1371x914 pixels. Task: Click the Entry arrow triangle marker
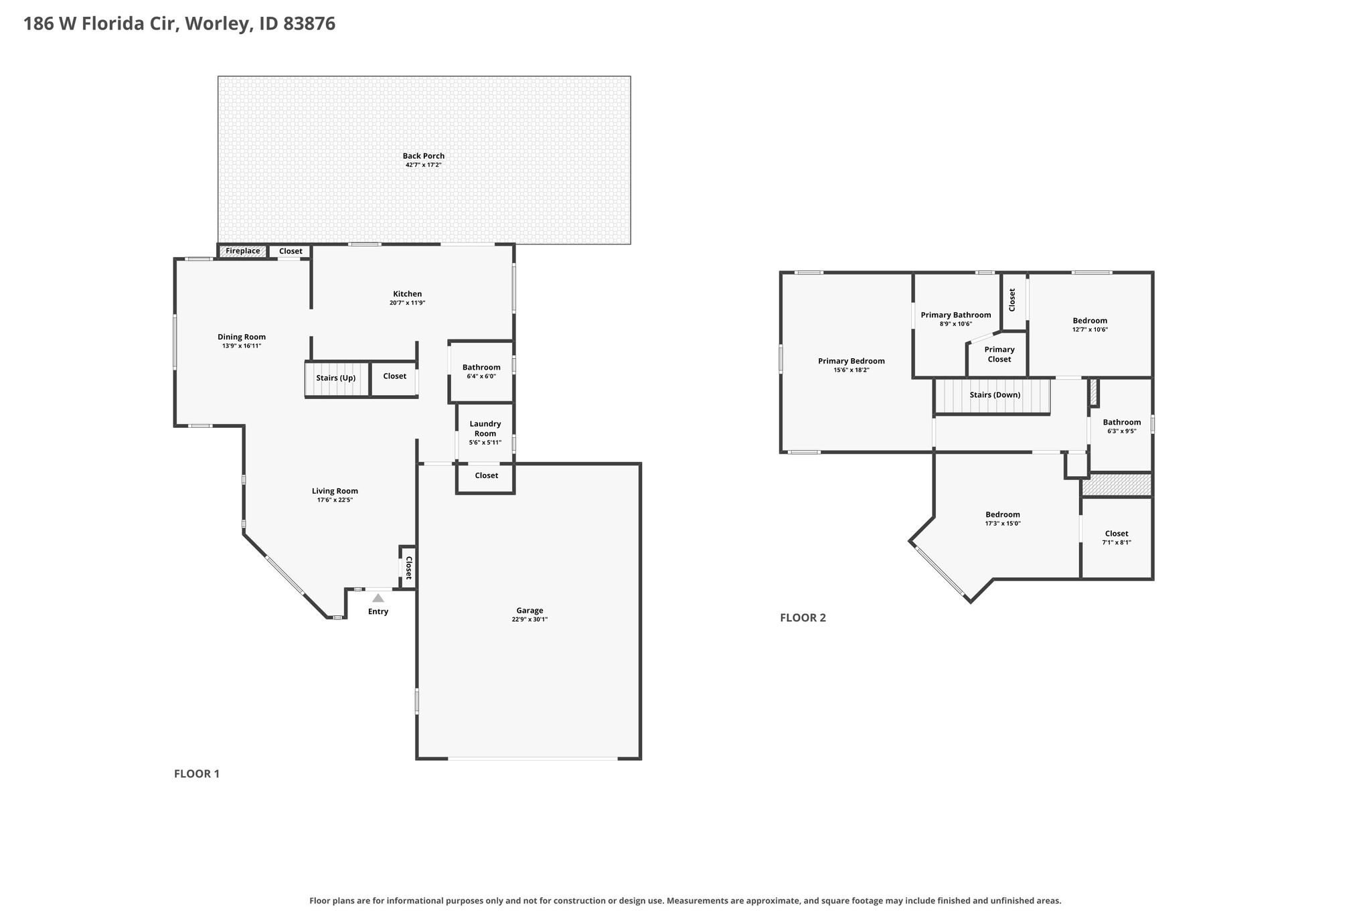[x=378, y=598]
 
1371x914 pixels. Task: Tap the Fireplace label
[x=242, y=251]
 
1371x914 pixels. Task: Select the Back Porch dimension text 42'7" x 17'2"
[x=424, y=165]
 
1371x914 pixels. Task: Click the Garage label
[x=530, y=610]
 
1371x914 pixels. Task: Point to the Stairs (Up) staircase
[x=337, y=380]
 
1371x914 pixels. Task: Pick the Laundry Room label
[x=485, y=429]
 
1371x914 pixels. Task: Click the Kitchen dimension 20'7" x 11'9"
[x=408, y=303]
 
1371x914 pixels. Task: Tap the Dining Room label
[x=242, y=337]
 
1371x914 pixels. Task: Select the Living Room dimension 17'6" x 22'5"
[x=335, y=500]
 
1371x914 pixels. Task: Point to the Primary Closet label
[x=999, y=354]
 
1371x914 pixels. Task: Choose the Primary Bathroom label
[x=956, y=315]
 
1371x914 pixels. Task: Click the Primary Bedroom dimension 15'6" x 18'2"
[x=852, y=370]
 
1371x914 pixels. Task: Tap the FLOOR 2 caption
[x=803, y=617]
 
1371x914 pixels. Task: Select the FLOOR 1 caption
[x=197, y=773]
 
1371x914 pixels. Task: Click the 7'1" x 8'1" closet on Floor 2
[x=1117, y=538]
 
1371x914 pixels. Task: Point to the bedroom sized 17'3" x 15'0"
[x=1002, y=519]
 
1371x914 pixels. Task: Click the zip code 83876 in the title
[x=309, y=24]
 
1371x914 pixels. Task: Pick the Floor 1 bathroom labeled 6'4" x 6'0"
[x=481, y=372]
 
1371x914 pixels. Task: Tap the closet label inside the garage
[x=487, y=475]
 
